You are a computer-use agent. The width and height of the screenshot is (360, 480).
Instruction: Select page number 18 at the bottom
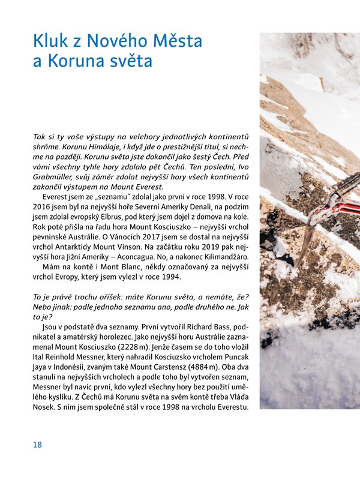coord(38,445)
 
